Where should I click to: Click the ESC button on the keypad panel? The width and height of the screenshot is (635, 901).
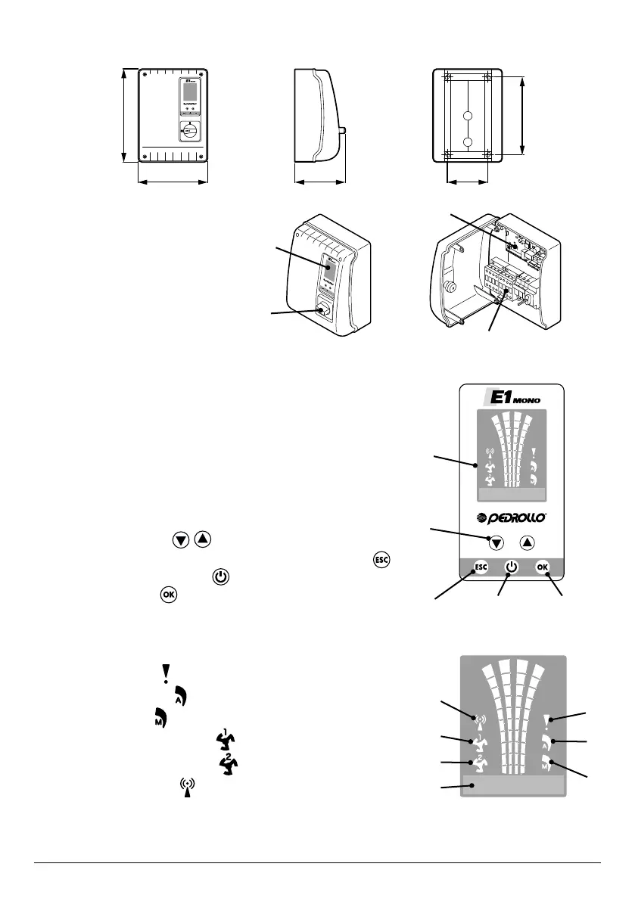tap(480, 567)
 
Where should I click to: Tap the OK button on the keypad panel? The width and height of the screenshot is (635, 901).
tap(542, 567)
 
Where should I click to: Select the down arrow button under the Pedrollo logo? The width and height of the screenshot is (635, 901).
tap(495, 542)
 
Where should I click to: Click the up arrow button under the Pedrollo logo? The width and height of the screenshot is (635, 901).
tap(528, 542)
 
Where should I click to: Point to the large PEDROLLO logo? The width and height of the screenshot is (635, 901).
tap(512, 518)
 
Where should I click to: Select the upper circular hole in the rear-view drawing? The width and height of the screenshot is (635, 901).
tap(468, 117)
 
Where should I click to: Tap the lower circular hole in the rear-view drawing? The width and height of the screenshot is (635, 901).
tap(468, 142)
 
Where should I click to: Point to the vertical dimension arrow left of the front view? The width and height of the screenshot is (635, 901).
tap(123, 115)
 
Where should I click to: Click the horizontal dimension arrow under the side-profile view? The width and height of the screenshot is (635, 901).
tap(319, 182)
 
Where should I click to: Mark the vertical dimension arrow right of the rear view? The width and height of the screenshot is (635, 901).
tap(523, 115)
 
